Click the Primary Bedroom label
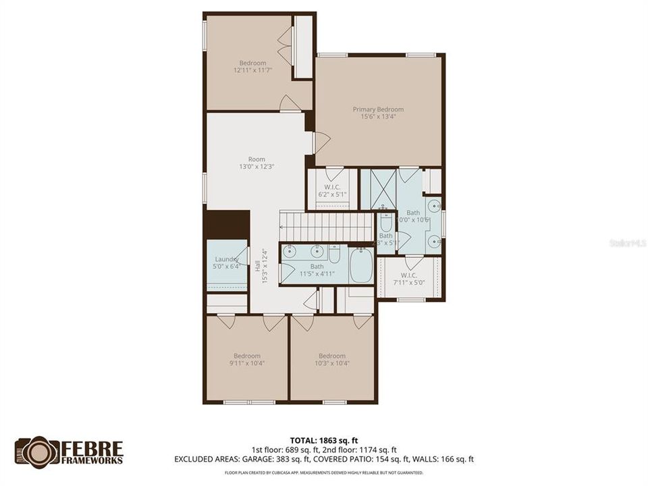click(378, 109)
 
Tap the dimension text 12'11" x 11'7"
click(252, 70)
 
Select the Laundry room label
click(227, 259)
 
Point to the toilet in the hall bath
click(334, 254)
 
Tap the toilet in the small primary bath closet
click(385, 222)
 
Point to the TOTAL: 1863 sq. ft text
click(324, 438)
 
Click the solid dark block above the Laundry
click(227, 225)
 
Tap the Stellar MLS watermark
click(628, 242)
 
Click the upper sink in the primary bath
click(434, 206)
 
